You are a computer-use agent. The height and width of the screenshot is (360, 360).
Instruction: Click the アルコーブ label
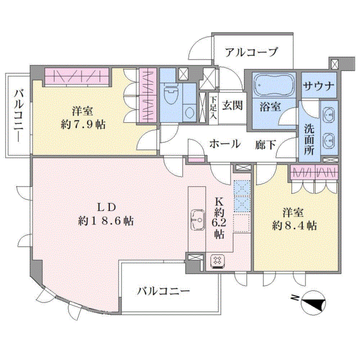251,52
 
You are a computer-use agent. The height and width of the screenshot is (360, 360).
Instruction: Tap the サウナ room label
318,86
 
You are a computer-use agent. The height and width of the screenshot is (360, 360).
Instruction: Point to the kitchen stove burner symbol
217,262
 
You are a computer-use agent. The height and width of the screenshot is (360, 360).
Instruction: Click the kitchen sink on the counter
198,220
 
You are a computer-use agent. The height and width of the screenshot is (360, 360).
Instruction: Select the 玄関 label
232,106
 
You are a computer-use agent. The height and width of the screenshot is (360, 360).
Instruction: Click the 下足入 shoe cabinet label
214,107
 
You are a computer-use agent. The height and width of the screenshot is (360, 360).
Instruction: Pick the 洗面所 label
309,140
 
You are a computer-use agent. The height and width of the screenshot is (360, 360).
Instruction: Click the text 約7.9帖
83,125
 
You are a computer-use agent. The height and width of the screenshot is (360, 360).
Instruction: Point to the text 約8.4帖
294,226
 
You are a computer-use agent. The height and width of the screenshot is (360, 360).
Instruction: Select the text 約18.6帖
106,221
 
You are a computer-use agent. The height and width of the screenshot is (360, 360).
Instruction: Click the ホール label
225,144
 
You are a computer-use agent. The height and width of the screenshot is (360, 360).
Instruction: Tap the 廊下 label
265,145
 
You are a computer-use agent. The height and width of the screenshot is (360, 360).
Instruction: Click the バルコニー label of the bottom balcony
164,291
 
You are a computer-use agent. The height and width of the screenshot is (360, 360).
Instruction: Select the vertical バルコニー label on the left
19,116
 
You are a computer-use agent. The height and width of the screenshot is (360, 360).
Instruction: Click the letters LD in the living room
106,208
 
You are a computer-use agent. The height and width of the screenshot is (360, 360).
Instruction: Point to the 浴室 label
270,107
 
